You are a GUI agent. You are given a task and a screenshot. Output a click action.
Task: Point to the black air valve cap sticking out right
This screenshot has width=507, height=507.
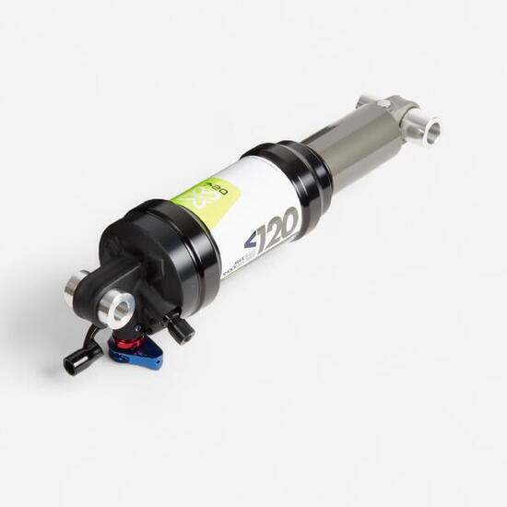pos(181,330)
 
